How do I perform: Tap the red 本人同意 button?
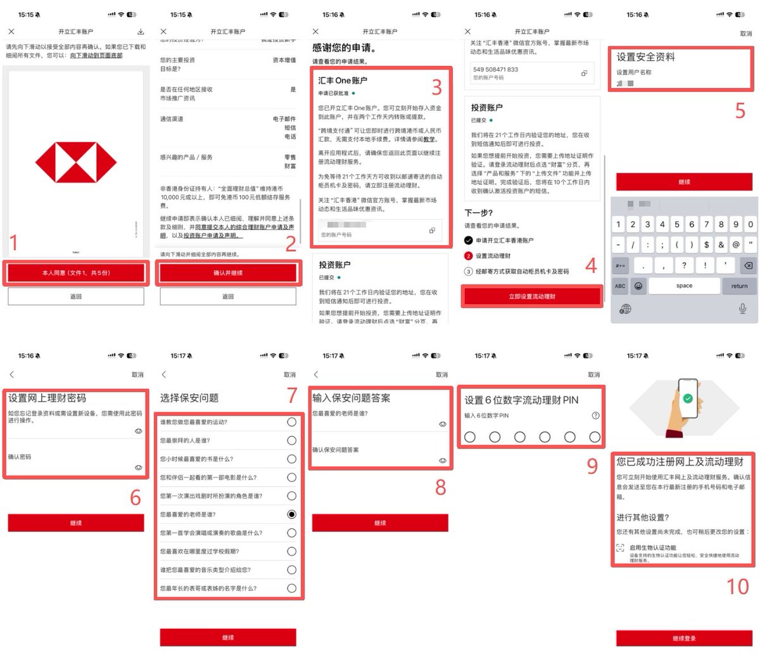pyautogui.click(x=76, y=273)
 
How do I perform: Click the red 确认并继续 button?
pyautogui.click(x=228, y=273)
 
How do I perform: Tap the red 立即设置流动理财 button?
pyautogui.click(x=532, y=296)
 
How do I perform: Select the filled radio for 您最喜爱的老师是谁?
pyautogui.click(x=291, y=514)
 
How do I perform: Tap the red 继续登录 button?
pyautogui.click(x=684, y=638)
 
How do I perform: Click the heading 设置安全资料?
pyautogui.click(x=646, y=57)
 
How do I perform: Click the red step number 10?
pyautogui.click(x=737, y=587)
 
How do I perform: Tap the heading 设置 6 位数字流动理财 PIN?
pyautogui.click(x=521, y=400)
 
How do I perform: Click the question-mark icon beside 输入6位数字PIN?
pyautogui.click(x=595, y=416)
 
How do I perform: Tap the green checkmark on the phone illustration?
pyautogui.click(x=688, y=398)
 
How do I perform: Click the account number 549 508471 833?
pyautogui.click(x=495, y=70)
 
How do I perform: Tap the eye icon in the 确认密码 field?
pyautogui.click(x=138, y=467)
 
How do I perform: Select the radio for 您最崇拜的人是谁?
pyautogui.click(x=291, y=440)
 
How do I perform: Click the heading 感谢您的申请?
pyautogui.click(x=345, y=48)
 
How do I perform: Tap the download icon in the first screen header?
pyautogui.click(x=141, y=32)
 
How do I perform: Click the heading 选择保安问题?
pyautogui.click(x=189, y=398)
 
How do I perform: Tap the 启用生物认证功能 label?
pyautogui.click(x=653, y=547)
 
